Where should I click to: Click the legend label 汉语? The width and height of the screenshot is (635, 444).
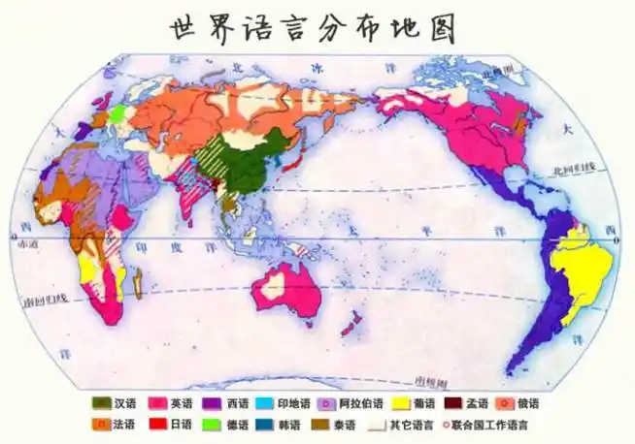click(124, 403)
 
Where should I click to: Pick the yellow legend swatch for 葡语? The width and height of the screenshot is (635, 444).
click(398, 403)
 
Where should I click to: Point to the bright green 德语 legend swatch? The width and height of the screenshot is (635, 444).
click(212, 424)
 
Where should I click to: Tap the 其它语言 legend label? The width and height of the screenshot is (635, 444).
click(412, 425)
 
